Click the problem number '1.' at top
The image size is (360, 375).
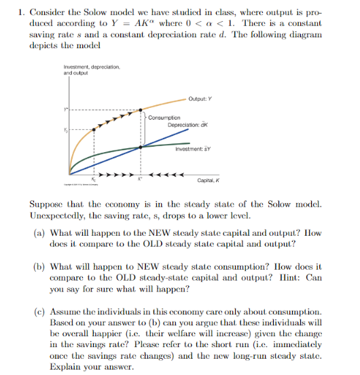(x=22, y=12)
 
